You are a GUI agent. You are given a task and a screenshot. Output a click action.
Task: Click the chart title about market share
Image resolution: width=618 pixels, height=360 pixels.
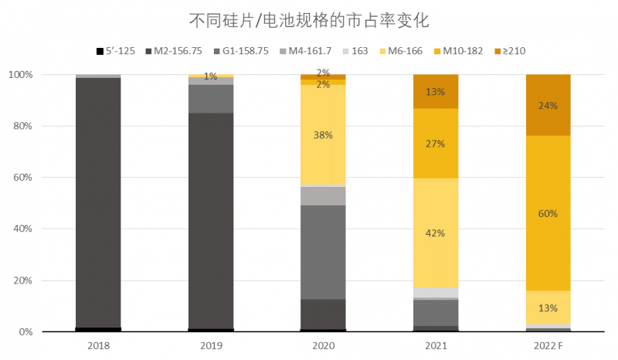(x=309, y=18)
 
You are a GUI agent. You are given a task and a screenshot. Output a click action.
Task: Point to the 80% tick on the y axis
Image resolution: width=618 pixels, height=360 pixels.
(x=21, y=126)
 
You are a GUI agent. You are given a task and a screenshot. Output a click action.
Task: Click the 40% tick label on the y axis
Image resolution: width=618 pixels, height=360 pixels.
(x=21, y=229)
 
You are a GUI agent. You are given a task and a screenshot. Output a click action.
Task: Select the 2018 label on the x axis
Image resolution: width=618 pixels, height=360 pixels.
(x=98, y=345)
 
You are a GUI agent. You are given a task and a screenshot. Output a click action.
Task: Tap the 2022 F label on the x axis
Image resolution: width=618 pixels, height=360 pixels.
(x=548, y=345)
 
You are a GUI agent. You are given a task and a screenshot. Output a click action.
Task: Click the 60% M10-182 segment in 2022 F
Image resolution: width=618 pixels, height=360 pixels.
(x=548, y=213)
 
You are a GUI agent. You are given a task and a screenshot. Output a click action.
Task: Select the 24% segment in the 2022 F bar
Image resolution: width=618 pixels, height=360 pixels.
(x=548, y=105)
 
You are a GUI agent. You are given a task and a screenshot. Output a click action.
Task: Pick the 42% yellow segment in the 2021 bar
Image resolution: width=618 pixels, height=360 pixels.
(x=436, y=232)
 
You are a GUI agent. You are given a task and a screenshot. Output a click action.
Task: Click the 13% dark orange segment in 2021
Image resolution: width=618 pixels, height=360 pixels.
(x=436, y=91)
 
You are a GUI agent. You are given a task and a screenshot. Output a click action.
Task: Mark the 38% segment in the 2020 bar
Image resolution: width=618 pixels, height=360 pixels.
(x=323, y=135)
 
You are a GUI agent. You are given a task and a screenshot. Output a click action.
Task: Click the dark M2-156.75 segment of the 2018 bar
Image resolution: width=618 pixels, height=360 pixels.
(x=98, y=201)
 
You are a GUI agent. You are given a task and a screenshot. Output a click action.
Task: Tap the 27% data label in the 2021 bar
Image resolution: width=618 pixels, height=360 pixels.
(x=436, y=143)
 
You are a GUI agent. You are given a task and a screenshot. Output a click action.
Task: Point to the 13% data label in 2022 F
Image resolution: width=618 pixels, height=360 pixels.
(x=548, y=308)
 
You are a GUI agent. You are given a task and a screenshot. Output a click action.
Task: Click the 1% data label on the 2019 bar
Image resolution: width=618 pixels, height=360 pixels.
(x=210, y=76)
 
